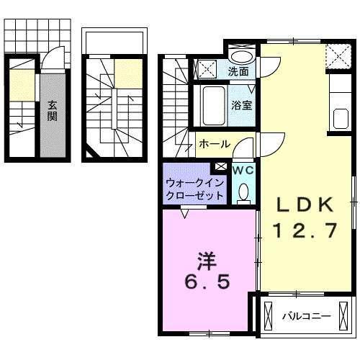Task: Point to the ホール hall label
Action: (x=214, y=144)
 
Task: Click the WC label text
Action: (x=242, y=170)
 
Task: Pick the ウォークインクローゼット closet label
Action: (x=195, y=189)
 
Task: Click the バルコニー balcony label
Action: (x=305, y=315)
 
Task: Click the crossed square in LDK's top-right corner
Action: (x=335, y=54)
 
